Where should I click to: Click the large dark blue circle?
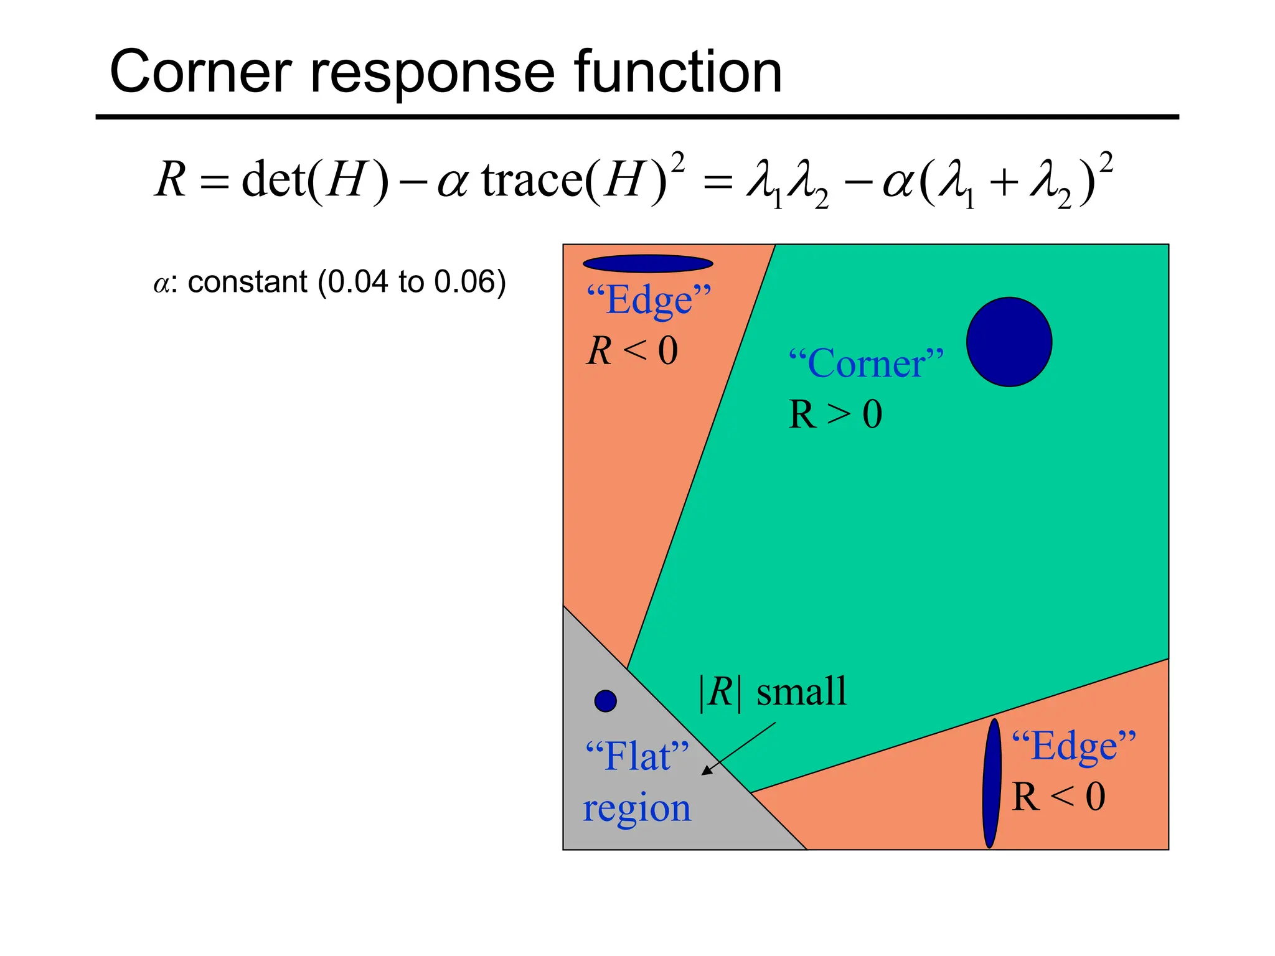coord(1009,342)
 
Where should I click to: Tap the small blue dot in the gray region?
coord(605,701)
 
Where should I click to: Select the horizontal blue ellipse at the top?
coord(647,264)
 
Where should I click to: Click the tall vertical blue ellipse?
coord(992,783)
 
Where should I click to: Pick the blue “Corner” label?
coord(866,363)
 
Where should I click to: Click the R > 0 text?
coord(835,415)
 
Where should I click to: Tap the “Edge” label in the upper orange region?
coord(649,301)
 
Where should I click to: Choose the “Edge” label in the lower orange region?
coord(1073,746)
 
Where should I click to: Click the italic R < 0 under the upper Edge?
coord(632,350)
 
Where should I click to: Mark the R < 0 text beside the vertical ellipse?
coord(1058,797)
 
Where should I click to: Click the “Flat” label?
coord(637,757)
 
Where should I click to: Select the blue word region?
coord(637,809)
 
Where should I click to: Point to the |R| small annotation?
coord(774,691)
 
